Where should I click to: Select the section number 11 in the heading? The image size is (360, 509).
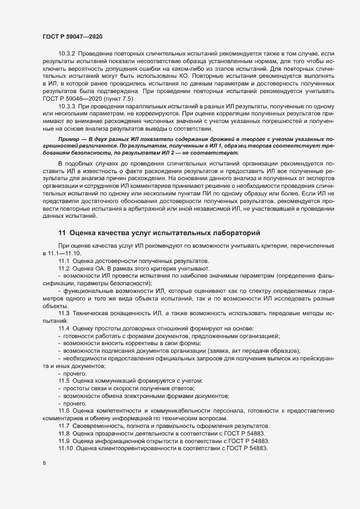[62, 233]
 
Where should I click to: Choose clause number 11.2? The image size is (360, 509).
[64, 269]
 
